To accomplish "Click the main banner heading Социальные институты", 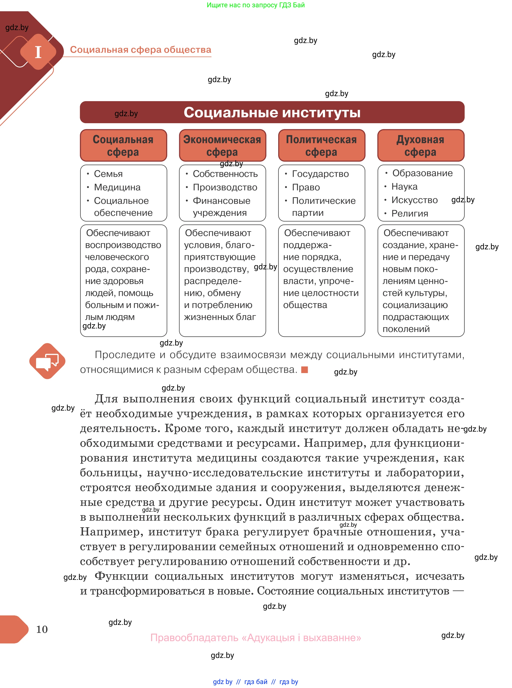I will click(272, 112).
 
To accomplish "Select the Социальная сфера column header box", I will click(123, 145).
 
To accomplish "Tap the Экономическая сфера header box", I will click(222, 145).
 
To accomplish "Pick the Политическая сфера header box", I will click(321, 145).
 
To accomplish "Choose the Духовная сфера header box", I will click(421, 145).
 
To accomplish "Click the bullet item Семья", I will click(108, 174).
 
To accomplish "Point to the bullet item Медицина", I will click(117, 187).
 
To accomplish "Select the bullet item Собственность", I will click(225, 174).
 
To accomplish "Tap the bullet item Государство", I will click(320, 174).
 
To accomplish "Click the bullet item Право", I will click(306, 187).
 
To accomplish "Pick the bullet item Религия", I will click(409, 213).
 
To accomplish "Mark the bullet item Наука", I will click(404, 187).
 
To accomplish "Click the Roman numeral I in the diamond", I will click(38, 52).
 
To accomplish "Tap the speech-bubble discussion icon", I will click(47, 361).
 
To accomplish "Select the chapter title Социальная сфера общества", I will click(140, 50).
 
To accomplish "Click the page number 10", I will click(42, 629).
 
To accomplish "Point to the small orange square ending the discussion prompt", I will click(304, 369).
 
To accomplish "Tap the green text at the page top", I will click(256, 5).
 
